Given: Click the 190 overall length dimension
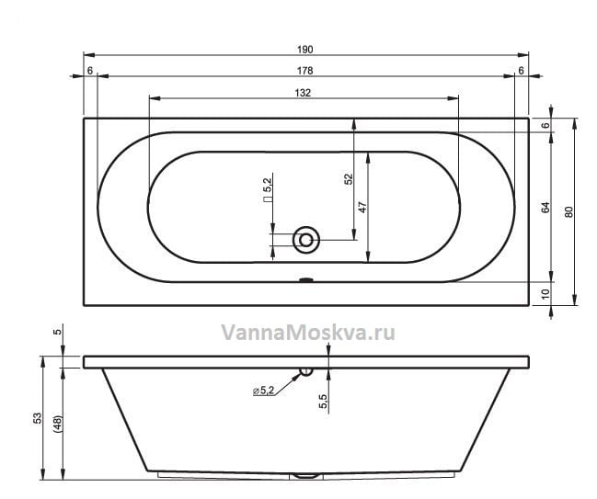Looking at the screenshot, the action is [x=305, y=50].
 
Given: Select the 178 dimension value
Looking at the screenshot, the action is [x=305, y=71].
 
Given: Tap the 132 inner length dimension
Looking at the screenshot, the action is [x=303, y=93].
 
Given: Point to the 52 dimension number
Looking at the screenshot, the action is [x=349, y=179].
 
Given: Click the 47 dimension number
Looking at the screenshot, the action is [x=362, y=208].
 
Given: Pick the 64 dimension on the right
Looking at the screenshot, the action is [x=546, y=208].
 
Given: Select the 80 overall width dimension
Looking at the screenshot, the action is [x=568, y=212].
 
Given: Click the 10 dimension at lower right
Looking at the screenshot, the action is [x=546, y=294].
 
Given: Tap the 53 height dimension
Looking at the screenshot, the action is [x=38, y=418].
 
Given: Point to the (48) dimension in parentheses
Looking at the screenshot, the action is [x=58, y=424].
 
